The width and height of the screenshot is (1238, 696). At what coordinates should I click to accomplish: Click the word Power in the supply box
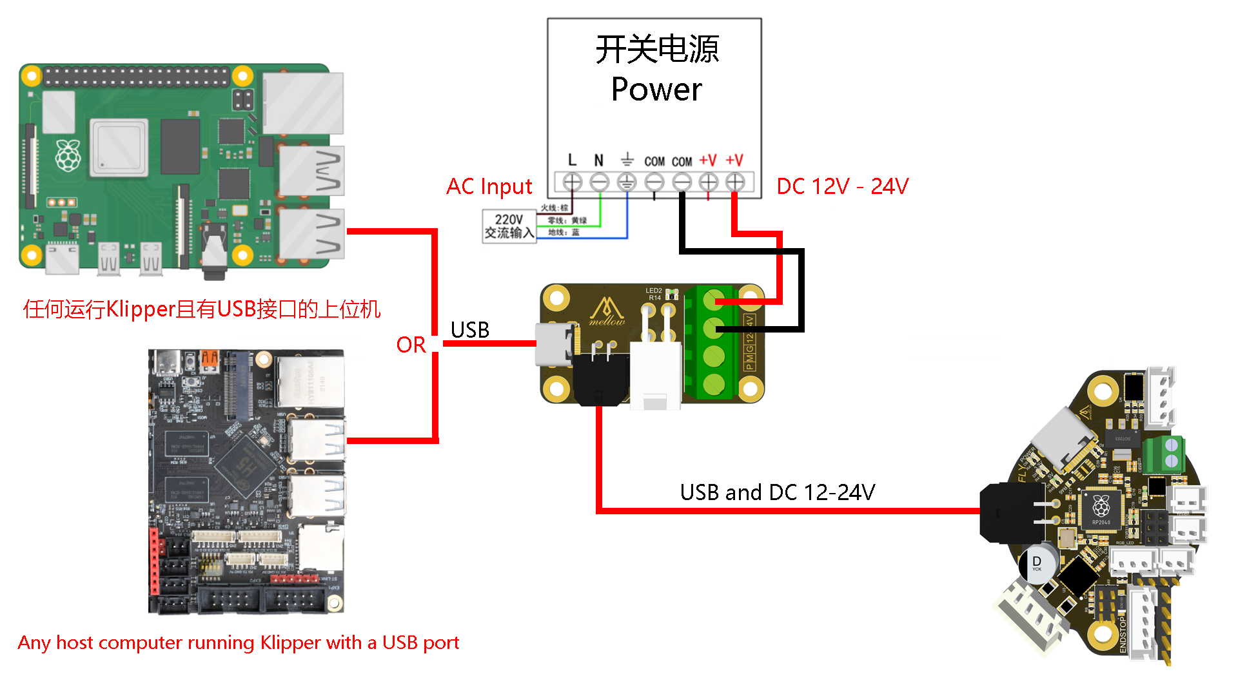coord(656,89)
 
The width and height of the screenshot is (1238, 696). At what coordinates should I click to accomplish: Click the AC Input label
coord(489,187)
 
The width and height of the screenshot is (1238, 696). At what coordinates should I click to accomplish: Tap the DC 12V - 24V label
coord(842,187)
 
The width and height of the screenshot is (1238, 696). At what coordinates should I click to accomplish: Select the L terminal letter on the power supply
coord(572,160)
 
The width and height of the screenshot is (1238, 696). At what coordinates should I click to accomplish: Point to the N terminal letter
coord(599,160)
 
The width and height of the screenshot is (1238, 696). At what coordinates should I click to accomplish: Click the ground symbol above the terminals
coord(627,159)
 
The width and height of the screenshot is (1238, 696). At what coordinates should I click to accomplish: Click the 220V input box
coord(509,226)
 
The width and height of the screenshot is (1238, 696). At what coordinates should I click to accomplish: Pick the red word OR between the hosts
coord(411,345)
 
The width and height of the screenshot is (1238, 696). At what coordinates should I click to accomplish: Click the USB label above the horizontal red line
coord(469,330)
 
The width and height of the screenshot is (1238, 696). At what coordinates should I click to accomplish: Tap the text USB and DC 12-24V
coord(777,492)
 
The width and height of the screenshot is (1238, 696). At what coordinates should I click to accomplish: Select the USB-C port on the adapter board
coord(553,343)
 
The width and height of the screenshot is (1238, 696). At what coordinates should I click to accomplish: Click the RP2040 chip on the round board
coord(1101,510)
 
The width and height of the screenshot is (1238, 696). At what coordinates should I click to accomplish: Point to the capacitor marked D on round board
coord(1037,563)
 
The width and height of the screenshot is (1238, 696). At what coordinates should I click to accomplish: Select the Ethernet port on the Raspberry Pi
coord(302,103)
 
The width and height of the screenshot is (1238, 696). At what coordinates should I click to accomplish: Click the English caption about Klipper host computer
coord(238,643)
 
